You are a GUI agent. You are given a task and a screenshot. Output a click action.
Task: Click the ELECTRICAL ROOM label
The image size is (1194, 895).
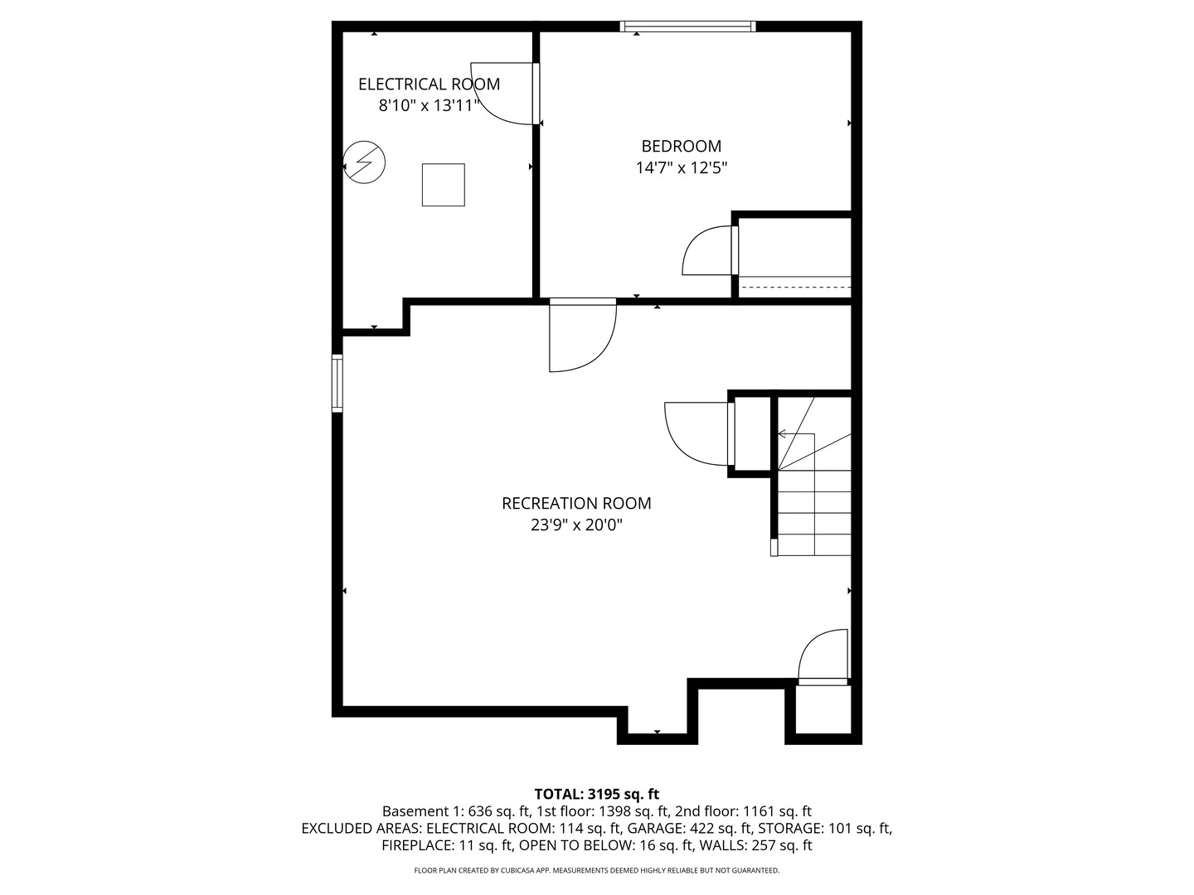(x=429, y=84)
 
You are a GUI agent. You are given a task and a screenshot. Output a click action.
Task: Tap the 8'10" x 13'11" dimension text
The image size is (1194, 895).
(x=429, y=105)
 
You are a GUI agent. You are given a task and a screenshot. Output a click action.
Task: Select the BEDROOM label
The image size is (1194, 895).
(x=681, y=146)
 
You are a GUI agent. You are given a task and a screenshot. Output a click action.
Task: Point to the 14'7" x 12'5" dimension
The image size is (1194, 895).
(x=681, y=167)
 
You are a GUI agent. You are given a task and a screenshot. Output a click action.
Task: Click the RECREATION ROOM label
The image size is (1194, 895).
(x=576, y=503)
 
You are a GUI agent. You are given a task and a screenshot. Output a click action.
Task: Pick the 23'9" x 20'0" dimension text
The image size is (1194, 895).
(x=576, y=525)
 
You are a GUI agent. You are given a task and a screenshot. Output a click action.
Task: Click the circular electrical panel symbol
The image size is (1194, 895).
(x=365, y=162)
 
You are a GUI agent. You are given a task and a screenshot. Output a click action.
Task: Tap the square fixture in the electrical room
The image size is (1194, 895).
(x=443, y=185)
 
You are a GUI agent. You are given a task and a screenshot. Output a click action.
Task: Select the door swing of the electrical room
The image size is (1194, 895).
(x=504, y=93)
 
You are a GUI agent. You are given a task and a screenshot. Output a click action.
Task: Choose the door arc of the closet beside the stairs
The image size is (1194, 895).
(x=696, y=433)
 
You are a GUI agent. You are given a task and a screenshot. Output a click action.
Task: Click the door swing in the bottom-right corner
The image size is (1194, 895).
(x=823, y=656)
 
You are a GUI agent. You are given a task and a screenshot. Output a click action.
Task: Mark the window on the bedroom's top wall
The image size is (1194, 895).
(x=688, y=27)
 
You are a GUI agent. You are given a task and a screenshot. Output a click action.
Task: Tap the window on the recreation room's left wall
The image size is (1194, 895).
(x=337, y=383)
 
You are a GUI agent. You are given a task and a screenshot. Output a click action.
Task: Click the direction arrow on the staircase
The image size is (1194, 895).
(x=783, y=433)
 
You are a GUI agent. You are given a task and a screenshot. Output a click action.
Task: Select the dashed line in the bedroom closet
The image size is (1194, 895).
(x=794, y=287)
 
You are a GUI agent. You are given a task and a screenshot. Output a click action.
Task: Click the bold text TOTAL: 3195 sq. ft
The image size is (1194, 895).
(x=596, y=794)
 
